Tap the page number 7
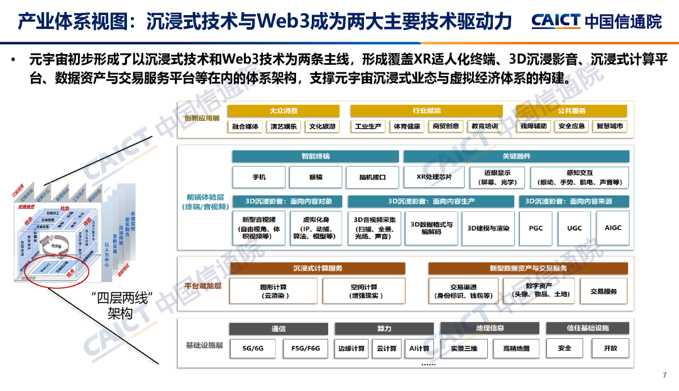tap(665, 375)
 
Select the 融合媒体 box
tap(246, 126)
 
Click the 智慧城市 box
tap(610, 126)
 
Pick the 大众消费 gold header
tap(284, 111)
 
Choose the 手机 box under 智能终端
tap(258, 177)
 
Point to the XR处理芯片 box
tap(434, 177)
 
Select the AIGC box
tap(612, 228)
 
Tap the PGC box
tap(536, 228)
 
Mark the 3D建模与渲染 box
tap(489, 228)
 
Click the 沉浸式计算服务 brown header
tap(318, 268)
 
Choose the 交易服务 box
tap(604, 292)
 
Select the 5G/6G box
tap(253, 348)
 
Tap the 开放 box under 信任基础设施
tap(610, 348)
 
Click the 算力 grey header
tap(384, 329)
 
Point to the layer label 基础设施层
tap(204, 346)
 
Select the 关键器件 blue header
tap(516, 157)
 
